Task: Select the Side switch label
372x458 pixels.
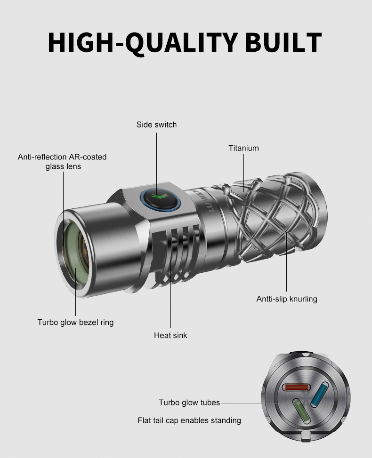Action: pos(156,125)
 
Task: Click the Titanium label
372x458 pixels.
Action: pos(243,148)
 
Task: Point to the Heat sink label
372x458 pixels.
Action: pos(170,335)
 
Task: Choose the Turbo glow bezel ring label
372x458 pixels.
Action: pos(75,323)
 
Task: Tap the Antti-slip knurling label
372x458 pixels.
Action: pos(287,299)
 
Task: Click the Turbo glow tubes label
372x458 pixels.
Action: pos(189,403)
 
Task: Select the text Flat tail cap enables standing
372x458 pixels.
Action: pos(189,420)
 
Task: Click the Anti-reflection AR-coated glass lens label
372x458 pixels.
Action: pos(62,162)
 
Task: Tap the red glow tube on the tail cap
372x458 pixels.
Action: pos(296,387)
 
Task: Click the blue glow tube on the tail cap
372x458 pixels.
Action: pos(320,394)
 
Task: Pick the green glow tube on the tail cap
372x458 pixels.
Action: pos(301,411)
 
